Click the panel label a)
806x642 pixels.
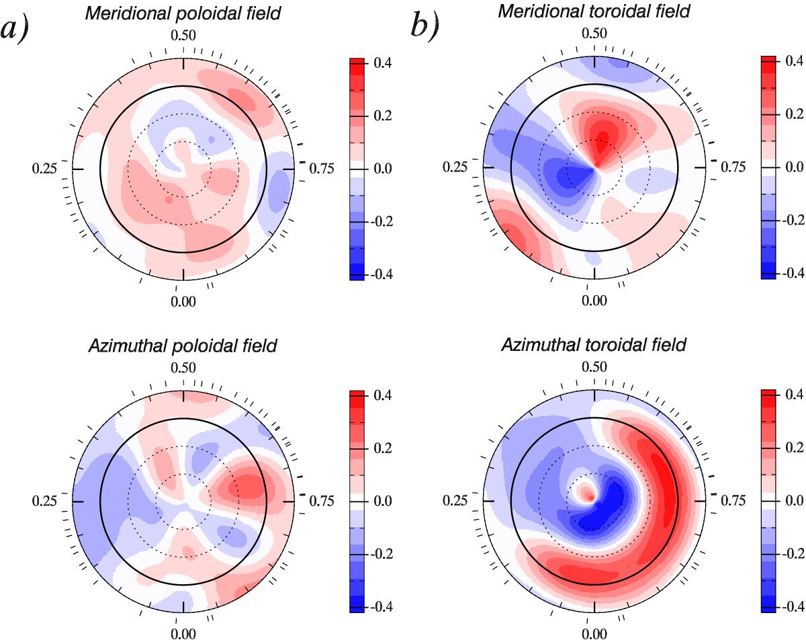pos(15,29)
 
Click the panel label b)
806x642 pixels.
pos(427,29)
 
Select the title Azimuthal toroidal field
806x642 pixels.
pos(594,346)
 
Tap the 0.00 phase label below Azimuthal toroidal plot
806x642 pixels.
pos(594,634)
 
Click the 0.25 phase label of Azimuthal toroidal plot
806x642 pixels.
pos(456,501)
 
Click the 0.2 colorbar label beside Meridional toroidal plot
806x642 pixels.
pos(795,116)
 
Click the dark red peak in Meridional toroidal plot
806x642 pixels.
pos(602,138)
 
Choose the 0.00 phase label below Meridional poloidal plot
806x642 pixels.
pos(183,300)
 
